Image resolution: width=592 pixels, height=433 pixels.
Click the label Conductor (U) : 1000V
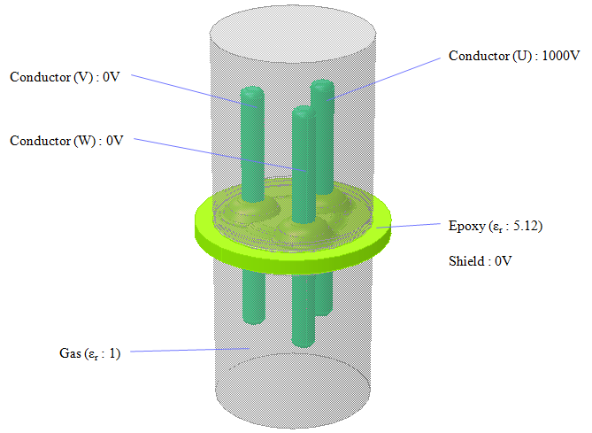click(513, 56)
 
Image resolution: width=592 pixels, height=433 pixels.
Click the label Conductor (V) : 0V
click(63, 77)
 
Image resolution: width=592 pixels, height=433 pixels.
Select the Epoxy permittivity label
click(495, 226)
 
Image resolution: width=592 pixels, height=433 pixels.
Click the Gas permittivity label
click(83, 353)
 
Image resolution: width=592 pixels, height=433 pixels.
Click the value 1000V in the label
click(559, 56)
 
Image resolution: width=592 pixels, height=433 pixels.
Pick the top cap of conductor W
click(303, 112)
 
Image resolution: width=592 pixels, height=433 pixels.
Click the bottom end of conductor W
click(304, 341)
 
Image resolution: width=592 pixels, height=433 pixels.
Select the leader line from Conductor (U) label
click(389, 77)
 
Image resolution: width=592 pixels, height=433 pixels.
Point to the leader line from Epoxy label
click(416, 227)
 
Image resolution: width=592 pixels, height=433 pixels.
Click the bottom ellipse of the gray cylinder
click(293, 414)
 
